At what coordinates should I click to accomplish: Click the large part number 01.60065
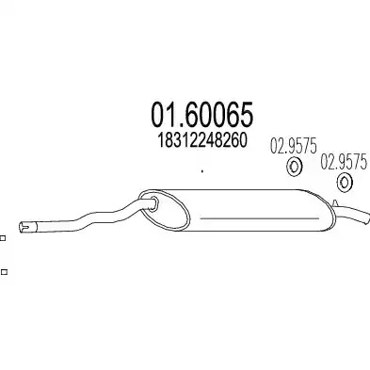[202, 115]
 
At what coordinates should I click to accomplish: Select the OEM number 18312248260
[202, 140]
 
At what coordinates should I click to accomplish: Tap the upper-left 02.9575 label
[294, 146]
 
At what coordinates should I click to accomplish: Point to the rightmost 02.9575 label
[344, 162]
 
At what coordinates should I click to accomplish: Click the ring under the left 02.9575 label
[294, 167]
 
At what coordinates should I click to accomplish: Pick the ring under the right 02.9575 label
[345, 183]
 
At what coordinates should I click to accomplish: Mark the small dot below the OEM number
[202, 171]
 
